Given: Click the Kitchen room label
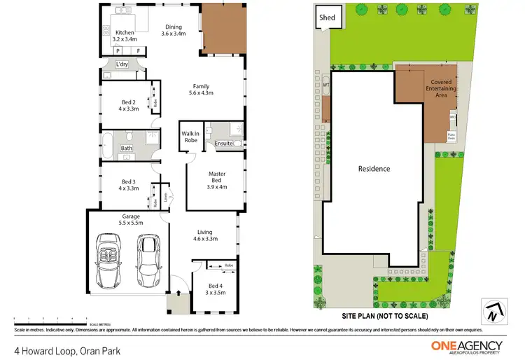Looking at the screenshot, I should click(x=125, y=36).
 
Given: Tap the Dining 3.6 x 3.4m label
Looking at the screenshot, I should click(x=174, y=30).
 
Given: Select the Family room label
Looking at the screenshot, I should click(x=202, y=89).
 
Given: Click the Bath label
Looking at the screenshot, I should click(x=127, y=148).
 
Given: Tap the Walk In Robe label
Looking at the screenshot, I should click(x=191, y=137).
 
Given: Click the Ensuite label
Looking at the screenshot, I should click(x=224, y=144).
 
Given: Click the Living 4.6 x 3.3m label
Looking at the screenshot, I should click(x=204, y=235).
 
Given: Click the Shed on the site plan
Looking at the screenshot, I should click(x=327, y=18).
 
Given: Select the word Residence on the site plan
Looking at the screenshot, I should click(x=374, y=169).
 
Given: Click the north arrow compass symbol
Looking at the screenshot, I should click(x=491, y=310).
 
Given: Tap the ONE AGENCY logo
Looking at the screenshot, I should click(x=466, y=346).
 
